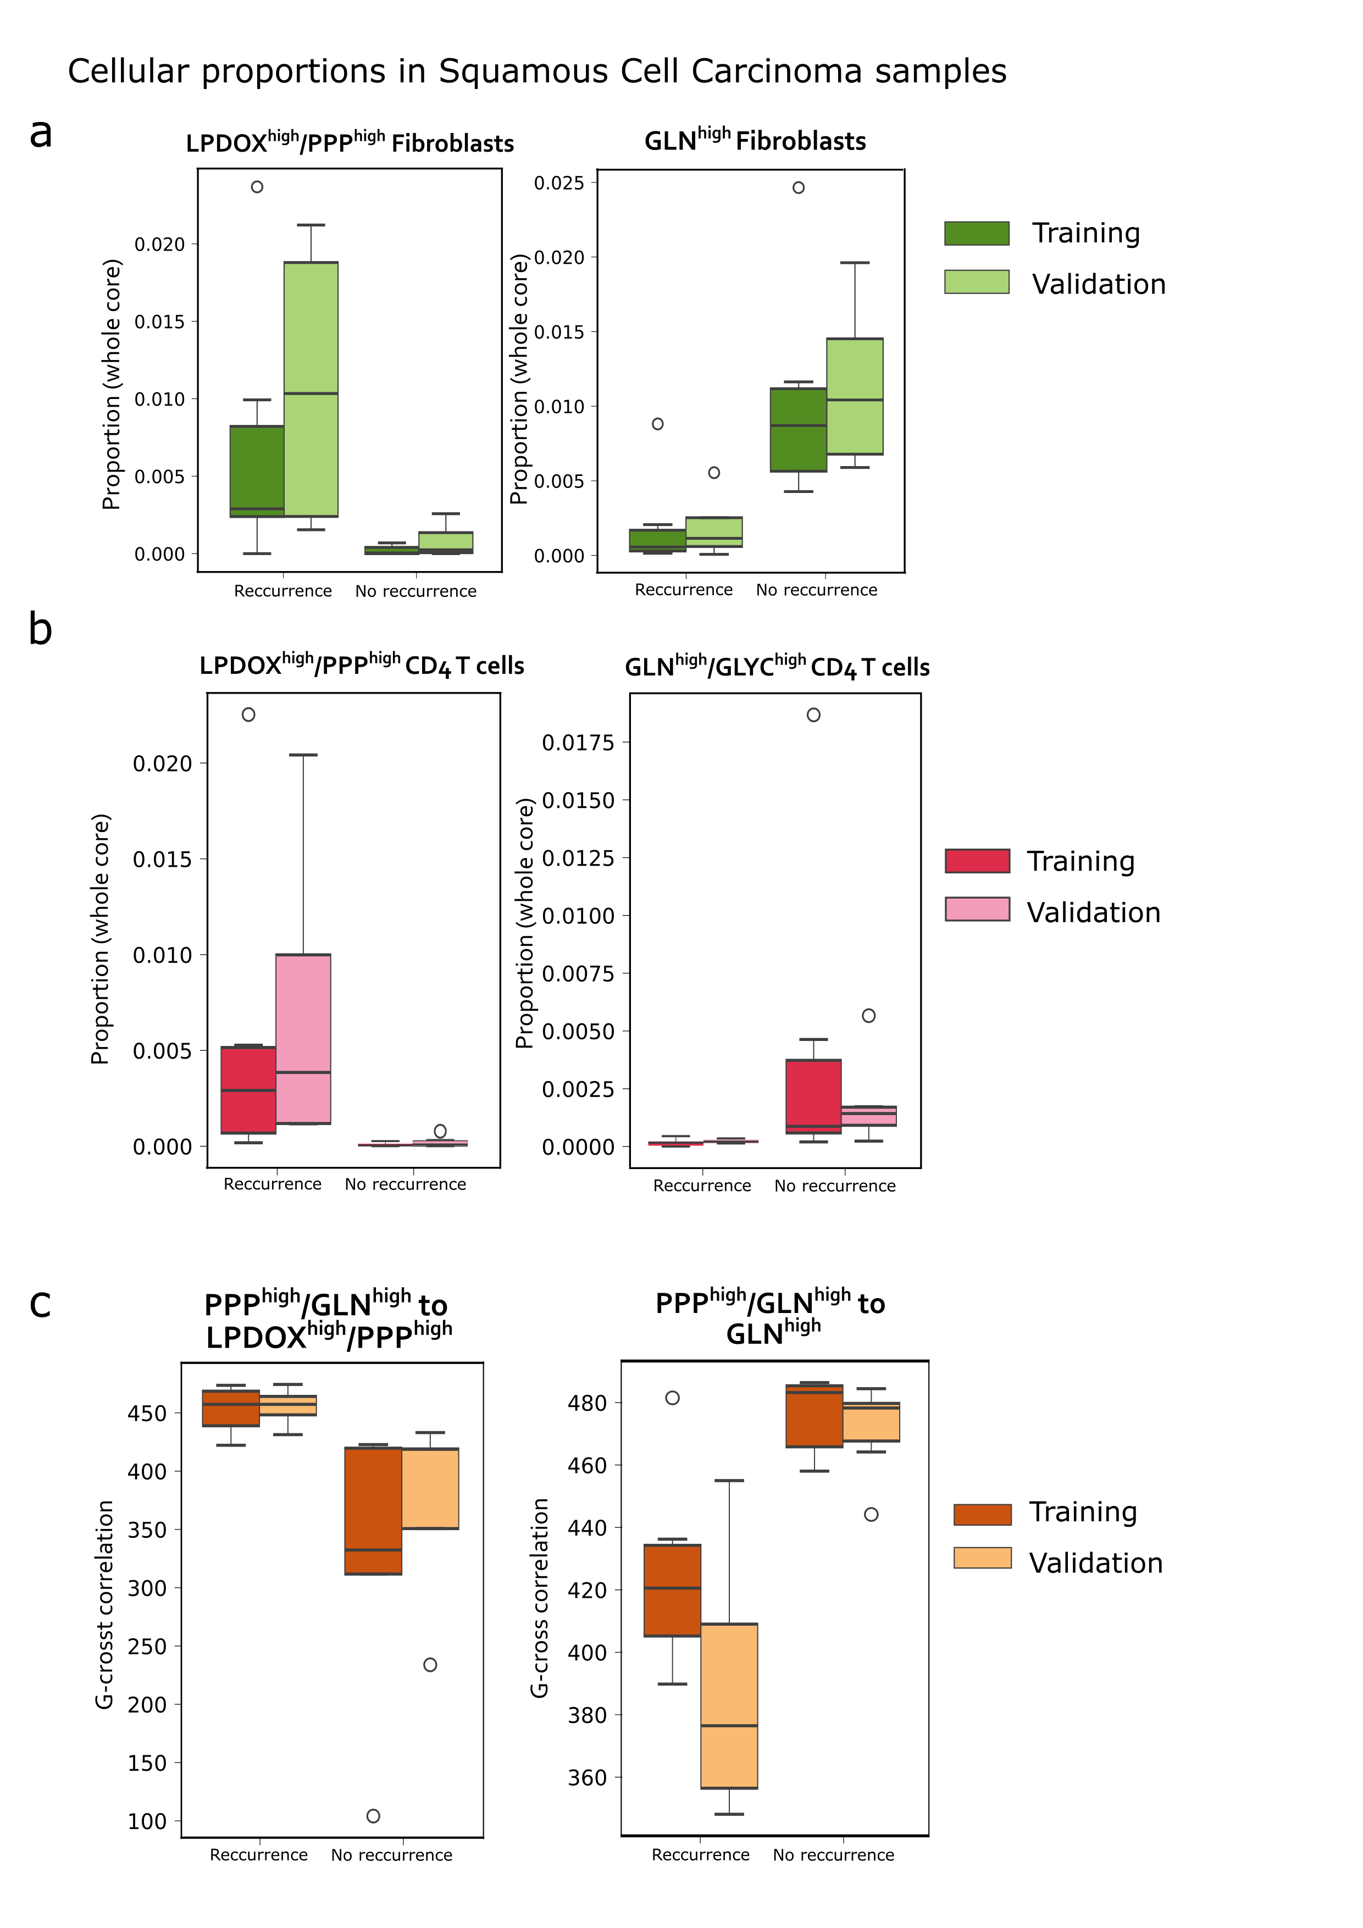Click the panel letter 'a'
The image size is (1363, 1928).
point(40,132)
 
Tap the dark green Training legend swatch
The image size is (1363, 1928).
point(976,234)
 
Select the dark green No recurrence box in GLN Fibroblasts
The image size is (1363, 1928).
point(798,429)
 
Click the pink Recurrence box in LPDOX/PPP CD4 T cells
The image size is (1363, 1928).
point(303,1039)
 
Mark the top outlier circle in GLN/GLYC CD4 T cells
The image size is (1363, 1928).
point(813,714)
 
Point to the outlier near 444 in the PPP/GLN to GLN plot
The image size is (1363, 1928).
point(871,1514)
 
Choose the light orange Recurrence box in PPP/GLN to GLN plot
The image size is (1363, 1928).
point(729,1705)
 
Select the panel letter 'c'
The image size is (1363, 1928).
point(40,1304)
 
